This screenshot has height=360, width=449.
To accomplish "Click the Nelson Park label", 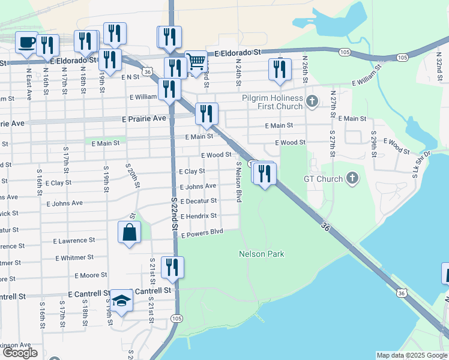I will coord(261,254).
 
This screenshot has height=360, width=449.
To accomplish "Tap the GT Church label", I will coord(323,179).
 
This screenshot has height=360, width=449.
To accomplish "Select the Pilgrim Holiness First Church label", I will coord(273,102).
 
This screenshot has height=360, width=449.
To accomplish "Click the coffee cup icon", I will coord(26,43).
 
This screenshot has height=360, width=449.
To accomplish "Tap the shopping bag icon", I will coord(130,232).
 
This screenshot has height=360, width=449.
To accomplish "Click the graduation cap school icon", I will coord(121,300).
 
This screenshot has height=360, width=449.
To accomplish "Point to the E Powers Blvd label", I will coord(202,233).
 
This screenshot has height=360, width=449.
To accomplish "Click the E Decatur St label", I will coord(198,201).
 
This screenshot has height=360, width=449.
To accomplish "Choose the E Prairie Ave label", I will coord(143,119).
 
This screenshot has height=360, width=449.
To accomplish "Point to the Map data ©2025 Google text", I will coord(412,355).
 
